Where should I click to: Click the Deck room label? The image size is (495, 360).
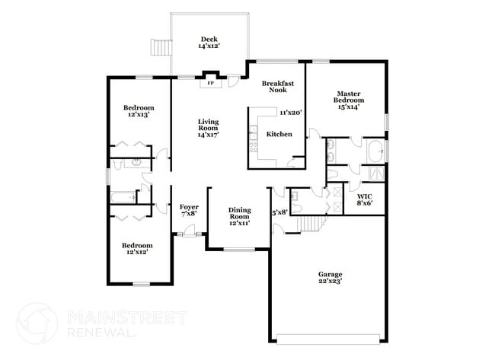209,43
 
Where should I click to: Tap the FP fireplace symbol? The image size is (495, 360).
209,84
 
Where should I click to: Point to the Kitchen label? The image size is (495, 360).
278,135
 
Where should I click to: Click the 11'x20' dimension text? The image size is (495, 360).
291,113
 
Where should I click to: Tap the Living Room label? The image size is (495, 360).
209,128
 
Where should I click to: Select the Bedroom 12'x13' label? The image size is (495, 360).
139,111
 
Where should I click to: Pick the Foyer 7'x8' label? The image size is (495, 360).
189,210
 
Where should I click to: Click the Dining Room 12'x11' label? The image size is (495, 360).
239,217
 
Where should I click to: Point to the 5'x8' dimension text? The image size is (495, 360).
279,212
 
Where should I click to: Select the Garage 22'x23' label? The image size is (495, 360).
330,277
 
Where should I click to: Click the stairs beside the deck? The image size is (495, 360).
161,47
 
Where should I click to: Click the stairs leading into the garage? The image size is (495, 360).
308,224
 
